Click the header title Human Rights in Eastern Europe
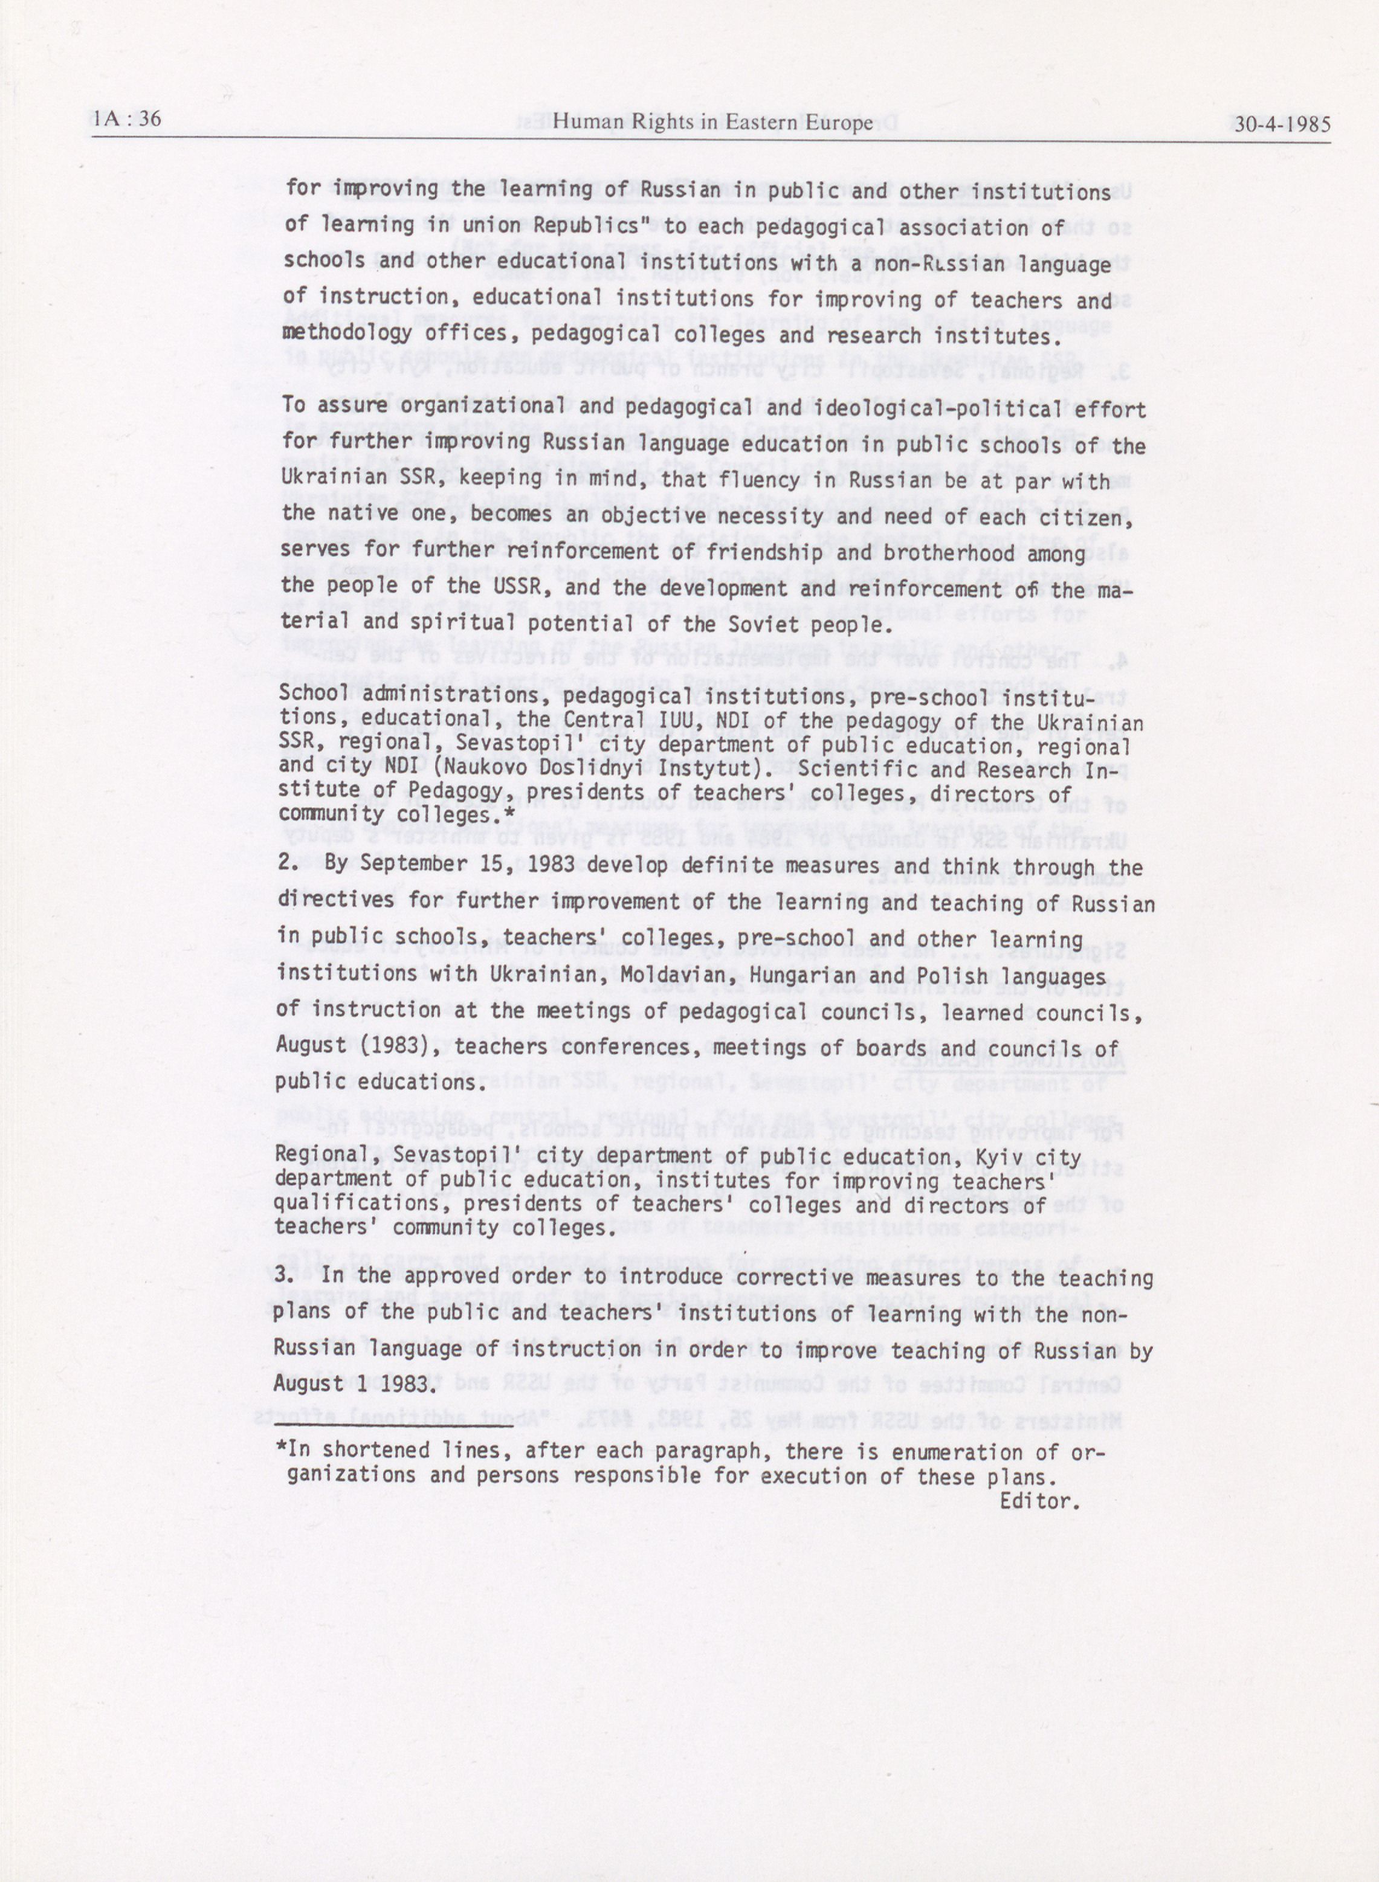(x=713, y=123)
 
